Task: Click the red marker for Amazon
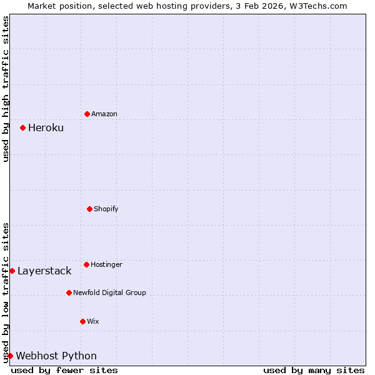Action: tap(87, 114)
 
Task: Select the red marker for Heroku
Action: tap(22, 127)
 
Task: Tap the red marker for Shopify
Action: tap(89, 209)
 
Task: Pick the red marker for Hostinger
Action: tap(86, 264)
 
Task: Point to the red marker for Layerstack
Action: tap(12, 271)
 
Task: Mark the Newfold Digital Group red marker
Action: tap(69, 292)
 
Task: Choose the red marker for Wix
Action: tap(82, 321)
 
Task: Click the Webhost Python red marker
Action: tap(10, 356)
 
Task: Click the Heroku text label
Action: tap(46, 128)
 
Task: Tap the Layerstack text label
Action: tap(44, 271)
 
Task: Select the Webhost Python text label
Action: tap(56, 356)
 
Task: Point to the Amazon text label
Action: tap(104, 114)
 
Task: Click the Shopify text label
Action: tap(106, 209)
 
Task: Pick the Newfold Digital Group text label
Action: tap(109, 292)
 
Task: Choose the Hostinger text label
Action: tap(106, 265)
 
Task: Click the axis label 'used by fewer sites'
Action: tap(64, 370)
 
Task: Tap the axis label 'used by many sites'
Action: tap(314, 370)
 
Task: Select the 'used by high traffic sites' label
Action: tap(6, 89)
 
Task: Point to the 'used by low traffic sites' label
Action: tap(6, 292)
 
